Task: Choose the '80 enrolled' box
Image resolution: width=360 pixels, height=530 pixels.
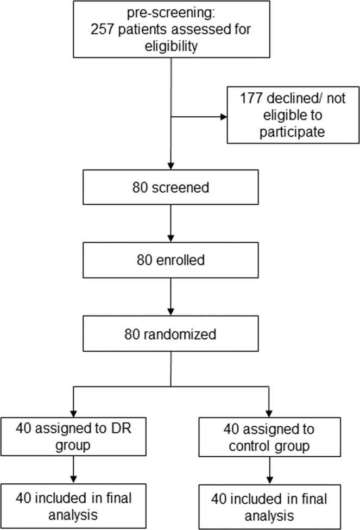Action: (x=170, y=260)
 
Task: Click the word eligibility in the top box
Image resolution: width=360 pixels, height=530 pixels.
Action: (x=170, y=47)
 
